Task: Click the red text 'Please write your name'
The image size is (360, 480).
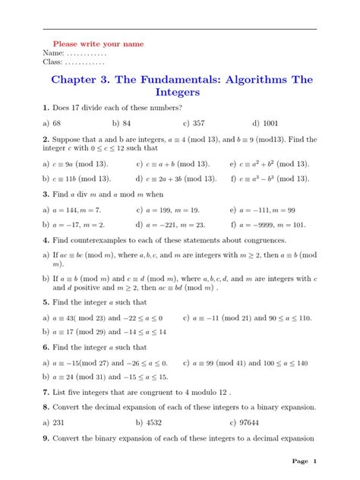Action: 98,44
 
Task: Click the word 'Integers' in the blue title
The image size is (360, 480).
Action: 180,93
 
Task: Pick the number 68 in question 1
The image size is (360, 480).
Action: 58,122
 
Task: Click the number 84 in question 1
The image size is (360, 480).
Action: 126,122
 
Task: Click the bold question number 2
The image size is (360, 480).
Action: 46,140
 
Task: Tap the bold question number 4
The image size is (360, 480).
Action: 46,241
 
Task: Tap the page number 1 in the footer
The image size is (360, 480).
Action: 314,462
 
